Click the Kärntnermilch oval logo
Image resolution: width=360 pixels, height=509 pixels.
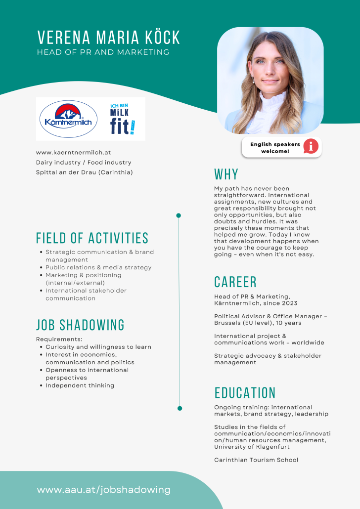pyautogui.click(x=68, y=119)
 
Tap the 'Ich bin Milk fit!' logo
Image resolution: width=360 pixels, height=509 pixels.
pyautogui.click(x=122, y=119)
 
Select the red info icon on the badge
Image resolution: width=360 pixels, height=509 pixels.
pyautogui.click(x=311, y=146)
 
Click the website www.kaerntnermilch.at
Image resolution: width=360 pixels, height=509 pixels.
pyautogui.click(x=73, y=153)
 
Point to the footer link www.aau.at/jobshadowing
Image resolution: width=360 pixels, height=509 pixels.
pyautogui.click(x=103, y=490)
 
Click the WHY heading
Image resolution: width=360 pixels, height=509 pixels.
pyautogui.click(x=226, y=174)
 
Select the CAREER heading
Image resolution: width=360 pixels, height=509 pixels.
pyautogui.click(x=235, y=282)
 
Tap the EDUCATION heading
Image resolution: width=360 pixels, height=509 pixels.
pyautogui.click(x=245, y=393)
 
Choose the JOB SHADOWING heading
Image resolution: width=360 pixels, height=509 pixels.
pyautogui.click(x=80, y=325)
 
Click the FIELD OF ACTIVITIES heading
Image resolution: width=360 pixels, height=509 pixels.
pyautogui.click(x=92, y=238)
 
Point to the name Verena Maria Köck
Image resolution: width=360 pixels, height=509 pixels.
pyautogui.click(x=109, y=38)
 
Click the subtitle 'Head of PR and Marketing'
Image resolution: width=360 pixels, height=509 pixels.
pyautogui.click(x=103, y=52)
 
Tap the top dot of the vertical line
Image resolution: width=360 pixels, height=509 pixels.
pyautogui.click(x=179, y=215)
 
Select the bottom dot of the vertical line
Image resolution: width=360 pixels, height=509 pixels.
pyautogui.click(x=180, y=408)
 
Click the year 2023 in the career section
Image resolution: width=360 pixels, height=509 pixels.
pyautogui.click(x=289, y=303)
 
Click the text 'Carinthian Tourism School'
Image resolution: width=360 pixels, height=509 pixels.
pyautogui.click(x=256, y=460)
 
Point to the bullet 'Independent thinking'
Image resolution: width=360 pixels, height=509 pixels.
pyautogui.click(x=80, y=385)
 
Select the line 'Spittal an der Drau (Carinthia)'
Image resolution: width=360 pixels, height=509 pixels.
pyautogui.click(x=84, y=172)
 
